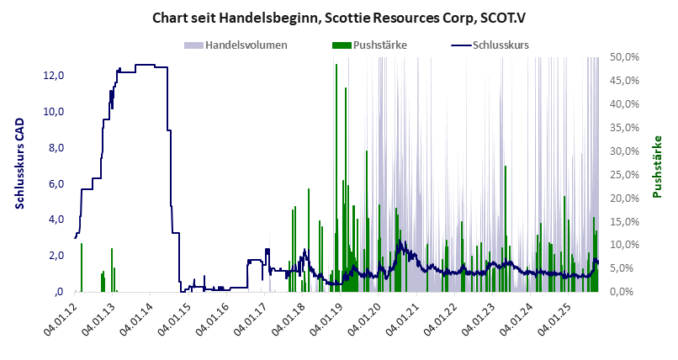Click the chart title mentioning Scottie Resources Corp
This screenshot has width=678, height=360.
[x=338, y=17]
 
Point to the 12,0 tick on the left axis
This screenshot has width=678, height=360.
[x=53, y=76]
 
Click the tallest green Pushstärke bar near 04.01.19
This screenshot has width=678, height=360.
[x=336, y=168]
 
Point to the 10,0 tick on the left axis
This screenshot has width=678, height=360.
[x=53, y=112]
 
